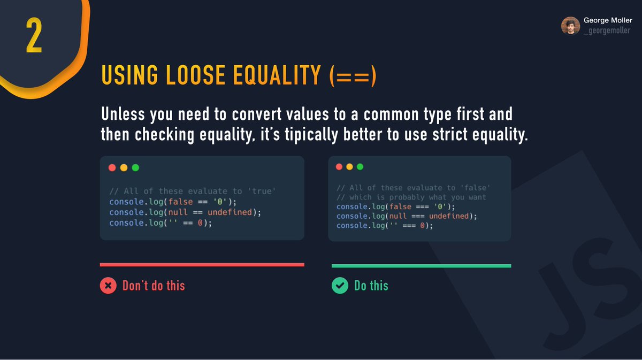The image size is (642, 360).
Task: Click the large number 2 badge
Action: point(34,37)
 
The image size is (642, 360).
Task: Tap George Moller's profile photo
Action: point(570,25)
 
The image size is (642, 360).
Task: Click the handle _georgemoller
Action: point(607,31)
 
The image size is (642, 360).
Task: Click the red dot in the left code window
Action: point(112,167)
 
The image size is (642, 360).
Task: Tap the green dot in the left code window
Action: point(135,167)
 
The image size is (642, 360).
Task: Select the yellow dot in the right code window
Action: point(349,166)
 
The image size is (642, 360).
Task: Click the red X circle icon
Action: point(108,286)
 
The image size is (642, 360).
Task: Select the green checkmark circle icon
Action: point(340,286)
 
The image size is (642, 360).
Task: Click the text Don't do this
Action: point(154,286)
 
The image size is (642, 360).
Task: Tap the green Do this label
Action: point(371,286)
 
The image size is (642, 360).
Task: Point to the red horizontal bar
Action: point(202,264)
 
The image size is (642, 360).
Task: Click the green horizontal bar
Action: point(421,265)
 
